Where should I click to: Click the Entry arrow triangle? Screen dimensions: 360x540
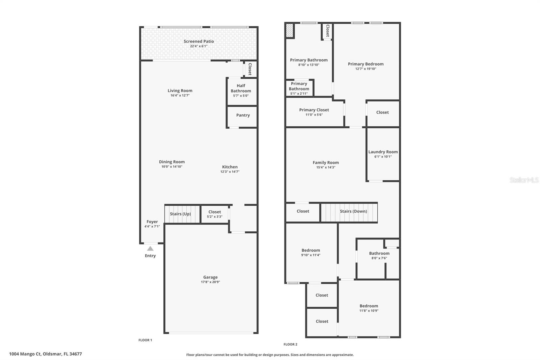[x=150, y=249]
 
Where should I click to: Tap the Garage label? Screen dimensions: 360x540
[x=210, y=277]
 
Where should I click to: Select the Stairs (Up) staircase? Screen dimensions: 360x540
[x=182, y=214]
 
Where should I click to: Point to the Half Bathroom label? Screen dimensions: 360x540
[x=241, y=88]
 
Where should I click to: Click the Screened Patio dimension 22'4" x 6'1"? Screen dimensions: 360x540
[x=198, y=46]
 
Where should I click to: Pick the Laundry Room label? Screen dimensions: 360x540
[x=383, y=152]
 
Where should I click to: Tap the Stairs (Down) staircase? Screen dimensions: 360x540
[x=349, y=212]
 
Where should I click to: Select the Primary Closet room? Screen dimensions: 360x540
[x=314, y=112]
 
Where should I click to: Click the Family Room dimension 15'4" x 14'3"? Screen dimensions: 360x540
[x=325, y=168]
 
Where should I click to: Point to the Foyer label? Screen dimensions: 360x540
[x=152, y=222]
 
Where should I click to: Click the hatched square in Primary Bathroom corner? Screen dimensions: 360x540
[x=289, y=30]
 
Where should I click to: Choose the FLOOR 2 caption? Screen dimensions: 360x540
[x=290, y=344]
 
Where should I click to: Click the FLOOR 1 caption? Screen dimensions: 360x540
[x=145, y=340]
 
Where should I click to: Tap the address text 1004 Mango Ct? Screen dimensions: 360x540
[x=45, y=354]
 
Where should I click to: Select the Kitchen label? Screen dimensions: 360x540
[x=230, y=167]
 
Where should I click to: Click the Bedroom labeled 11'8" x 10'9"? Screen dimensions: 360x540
[x=369, y=308]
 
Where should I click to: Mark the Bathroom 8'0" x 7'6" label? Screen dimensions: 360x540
[x=379, y=253]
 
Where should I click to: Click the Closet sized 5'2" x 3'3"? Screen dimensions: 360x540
[x=214, y=214]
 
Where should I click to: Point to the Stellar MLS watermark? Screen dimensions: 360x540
[x=524, y=180]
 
